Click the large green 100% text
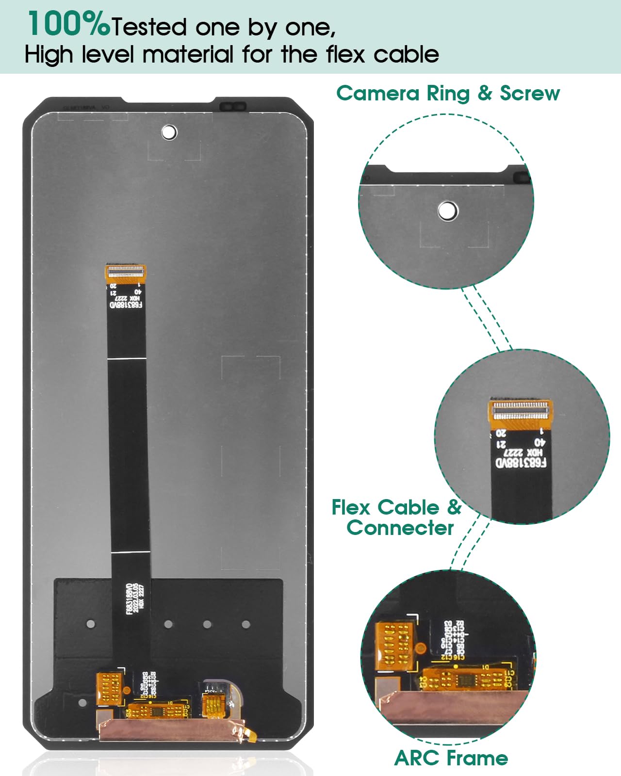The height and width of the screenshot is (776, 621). (68, 24)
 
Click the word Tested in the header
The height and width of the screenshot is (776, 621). (149, 27)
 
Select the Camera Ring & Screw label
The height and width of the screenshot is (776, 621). (448, 93)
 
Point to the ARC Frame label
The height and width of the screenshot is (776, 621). (451, 758)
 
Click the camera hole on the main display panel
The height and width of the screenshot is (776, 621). (169, 132)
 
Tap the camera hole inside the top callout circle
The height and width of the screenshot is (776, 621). (447, 211)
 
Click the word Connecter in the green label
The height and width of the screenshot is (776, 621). (400, 528)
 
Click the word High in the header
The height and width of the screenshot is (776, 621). (49, 54)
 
